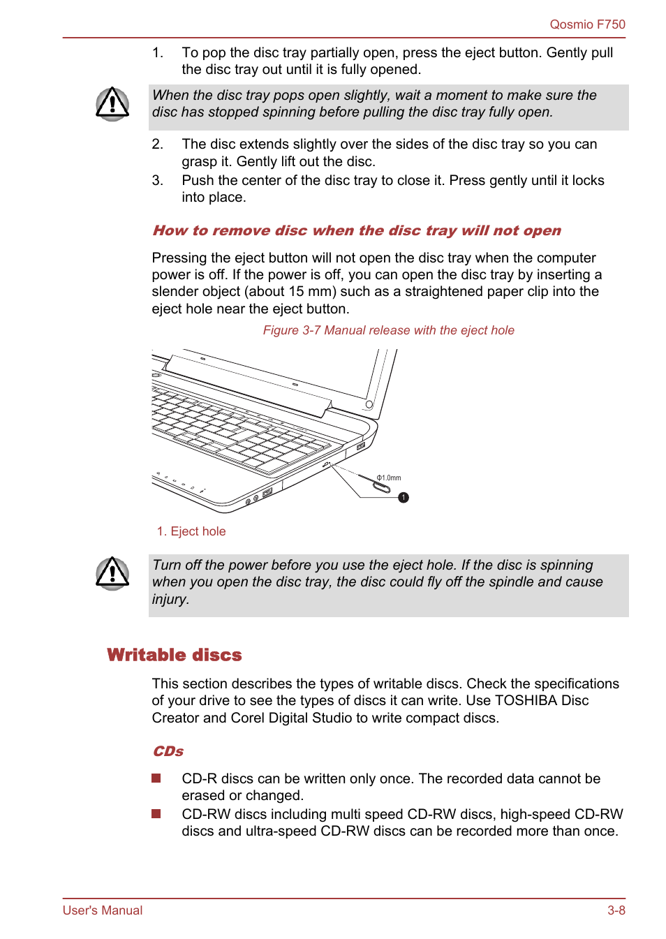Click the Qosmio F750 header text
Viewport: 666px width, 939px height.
(x=587, y=24)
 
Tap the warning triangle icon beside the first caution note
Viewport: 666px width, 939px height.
(x=112, y=104)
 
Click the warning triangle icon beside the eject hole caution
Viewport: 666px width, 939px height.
(x=112, y=573)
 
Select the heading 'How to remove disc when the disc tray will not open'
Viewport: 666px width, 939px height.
(x=356, y=230)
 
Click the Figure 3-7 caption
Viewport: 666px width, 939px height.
(x=388, y=330)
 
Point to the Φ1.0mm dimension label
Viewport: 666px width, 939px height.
(x=389, y=478)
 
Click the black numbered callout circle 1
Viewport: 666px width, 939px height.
(x=404, y=498)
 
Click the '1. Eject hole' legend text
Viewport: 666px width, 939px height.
(x=191, y=531)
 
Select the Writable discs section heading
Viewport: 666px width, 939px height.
(x=175, y=655)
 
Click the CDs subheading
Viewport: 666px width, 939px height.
(x=168, y=751)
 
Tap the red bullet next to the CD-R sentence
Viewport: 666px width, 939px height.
(x=156, y=778)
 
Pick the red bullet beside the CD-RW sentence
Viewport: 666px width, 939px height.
(x=156, y=814)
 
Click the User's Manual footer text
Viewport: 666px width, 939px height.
(x=103, y=910)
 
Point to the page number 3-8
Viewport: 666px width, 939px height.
(x=616, y=910)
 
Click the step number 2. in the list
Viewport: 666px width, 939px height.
(x=158, y=145)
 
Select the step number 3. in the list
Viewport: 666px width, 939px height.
(x=158, y=181)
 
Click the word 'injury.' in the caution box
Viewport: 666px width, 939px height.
(x=170, y=599)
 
